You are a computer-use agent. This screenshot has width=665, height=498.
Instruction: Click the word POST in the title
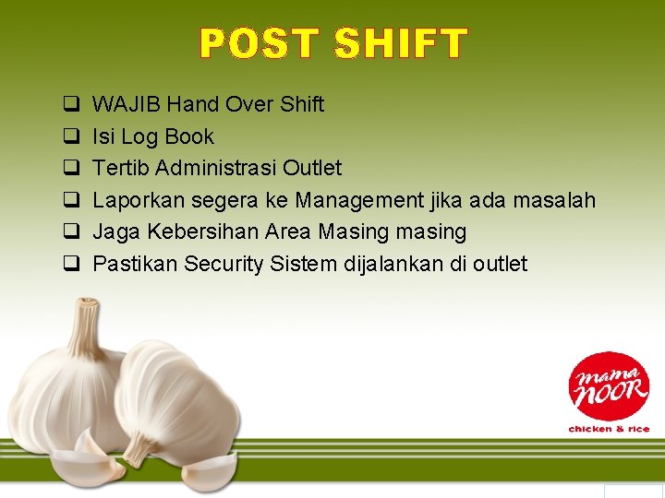click(260, 44)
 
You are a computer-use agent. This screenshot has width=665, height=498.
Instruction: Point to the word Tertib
click(121, 168)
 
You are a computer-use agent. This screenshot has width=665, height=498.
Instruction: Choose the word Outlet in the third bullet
click(312, 168)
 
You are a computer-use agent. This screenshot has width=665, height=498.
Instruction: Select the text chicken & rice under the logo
click(609, 429)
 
